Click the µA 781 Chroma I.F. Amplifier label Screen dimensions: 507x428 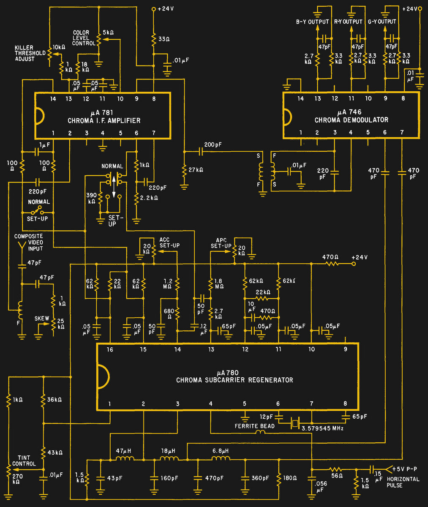(x=104, y=117)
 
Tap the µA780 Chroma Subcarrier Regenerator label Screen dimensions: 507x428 (x=234, y=376)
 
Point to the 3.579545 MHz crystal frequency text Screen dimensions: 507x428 (x=323, y=428)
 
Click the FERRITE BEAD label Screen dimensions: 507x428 (x=254, y=426)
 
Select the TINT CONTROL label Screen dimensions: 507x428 (x=24, y=461)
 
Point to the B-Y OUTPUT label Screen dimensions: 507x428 (x=312, y=22)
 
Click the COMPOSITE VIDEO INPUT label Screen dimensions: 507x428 (x=28, y=243)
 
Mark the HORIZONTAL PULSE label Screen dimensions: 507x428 (x=403, y=482)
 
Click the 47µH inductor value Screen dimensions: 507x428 (x=123, y=451)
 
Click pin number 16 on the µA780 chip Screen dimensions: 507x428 (x=109, y=349)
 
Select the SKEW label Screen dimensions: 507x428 (x=42, y=319)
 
